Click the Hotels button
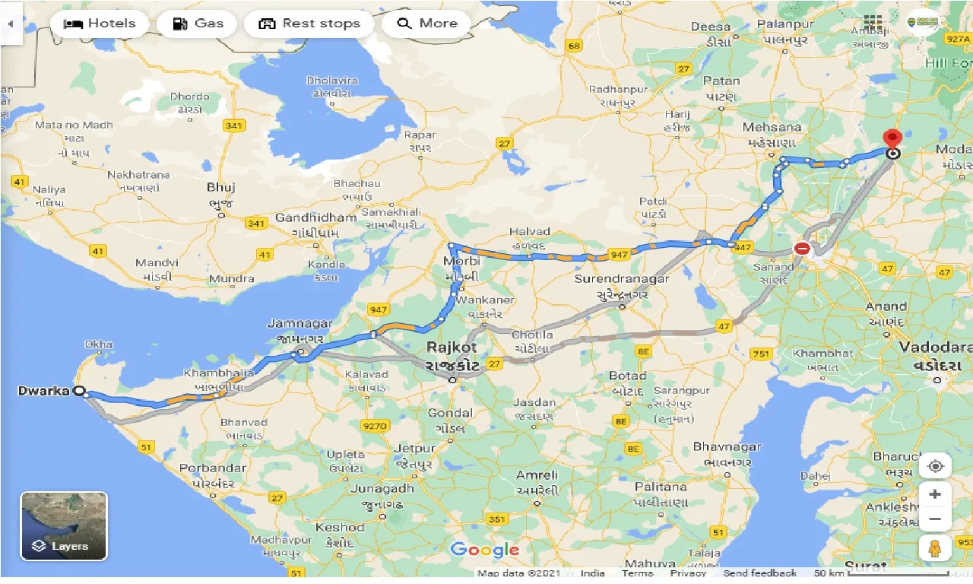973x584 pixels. pos(99,24)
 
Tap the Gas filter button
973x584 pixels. pos(198,24)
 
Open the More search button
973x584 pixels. pos(427,24)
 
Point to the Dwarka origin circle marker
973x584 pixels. pos(79,391)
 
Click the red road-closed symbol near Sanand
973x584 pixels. pos(802,248)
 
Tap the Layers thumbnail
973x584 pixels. pos(64,526)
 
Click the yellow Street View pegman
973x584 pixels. pos(935,547)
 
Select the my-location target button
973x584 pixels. pos(935,466)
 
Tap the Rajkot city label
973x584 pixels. pos(452,348)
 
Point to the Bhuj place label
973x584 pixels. pos(221,187)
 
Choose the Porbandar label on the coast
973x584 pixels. pos(212,468)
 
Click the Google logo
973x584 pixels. pos(485,550)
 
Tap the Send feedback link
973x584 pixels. pos(759,573)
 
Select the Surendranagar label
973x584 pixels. pos(622,279)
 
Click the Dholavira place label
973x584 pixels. pos(331,81)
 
